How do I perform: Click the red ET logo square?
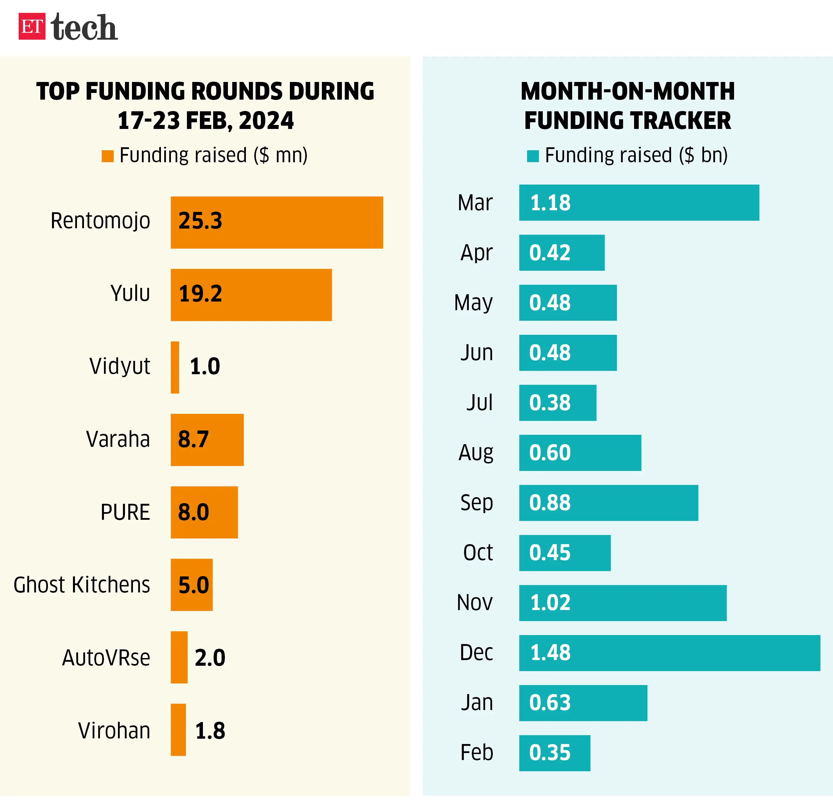tap(32, 26)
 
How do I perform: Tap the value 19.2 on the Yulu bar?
tap(200, 294)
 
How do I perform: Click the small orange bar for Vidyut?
tap(175, 367)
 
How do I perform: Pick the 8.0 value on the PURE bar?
tap(193, 512)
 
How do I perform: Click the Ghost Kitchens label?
tap(82, 585)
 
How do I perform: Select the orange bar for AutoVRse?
tap(179, 657)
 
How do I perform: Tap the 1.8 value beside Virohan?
tap(210, 731)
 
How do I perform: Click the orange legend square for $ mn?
tap(108, 156)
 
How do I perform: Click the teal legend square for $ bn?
tap(532, 156)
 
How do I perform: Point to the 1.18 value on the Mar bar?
tap(550, 203)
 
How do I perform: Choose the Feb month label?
tap(476, 752)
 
